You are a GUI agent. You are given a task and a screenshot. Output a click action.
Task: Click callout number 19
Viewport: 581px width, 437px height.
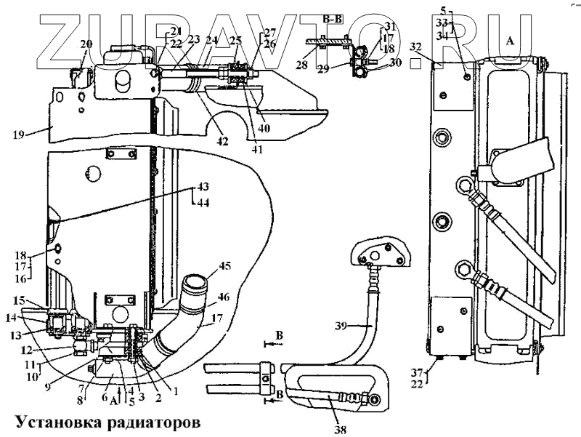19,134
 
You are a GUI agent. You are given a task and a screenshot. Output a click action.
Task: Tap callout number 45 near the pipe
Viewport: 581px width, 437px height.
225,265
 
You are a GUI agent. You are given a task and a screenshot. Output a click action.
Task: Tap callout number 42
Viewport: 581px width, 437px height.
222,141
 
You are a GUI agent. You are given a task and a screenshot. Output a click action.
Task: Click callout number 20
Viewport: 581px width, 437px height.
86,43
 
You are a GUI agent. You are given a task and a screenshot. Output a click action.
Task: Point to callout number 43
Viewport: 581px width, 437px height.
201,186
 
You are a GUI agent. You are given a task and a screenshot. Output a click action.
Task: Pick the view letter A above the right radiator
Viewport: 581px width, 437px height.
509,41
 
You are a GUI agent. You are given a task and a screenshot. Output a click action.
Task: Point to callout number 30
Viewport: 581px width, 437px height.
395,63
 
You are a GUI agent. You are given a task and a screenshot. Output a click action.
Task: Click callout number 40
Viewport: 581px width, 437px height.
264,127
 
